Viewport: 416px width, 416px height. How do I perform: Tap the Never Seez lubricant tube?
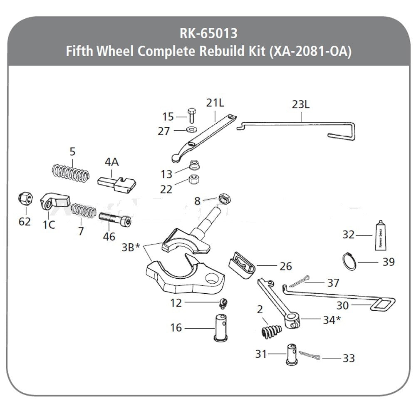381,236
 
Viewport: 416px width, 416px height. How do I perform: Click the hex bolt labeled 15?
191,115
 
